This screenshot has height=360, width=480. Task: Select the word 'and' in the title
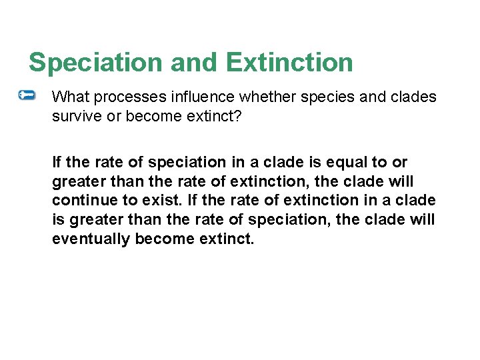194,63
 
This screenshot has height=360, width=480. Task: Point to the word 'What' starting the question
70,97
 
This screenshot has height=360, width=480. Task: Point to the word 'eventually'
91,239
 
